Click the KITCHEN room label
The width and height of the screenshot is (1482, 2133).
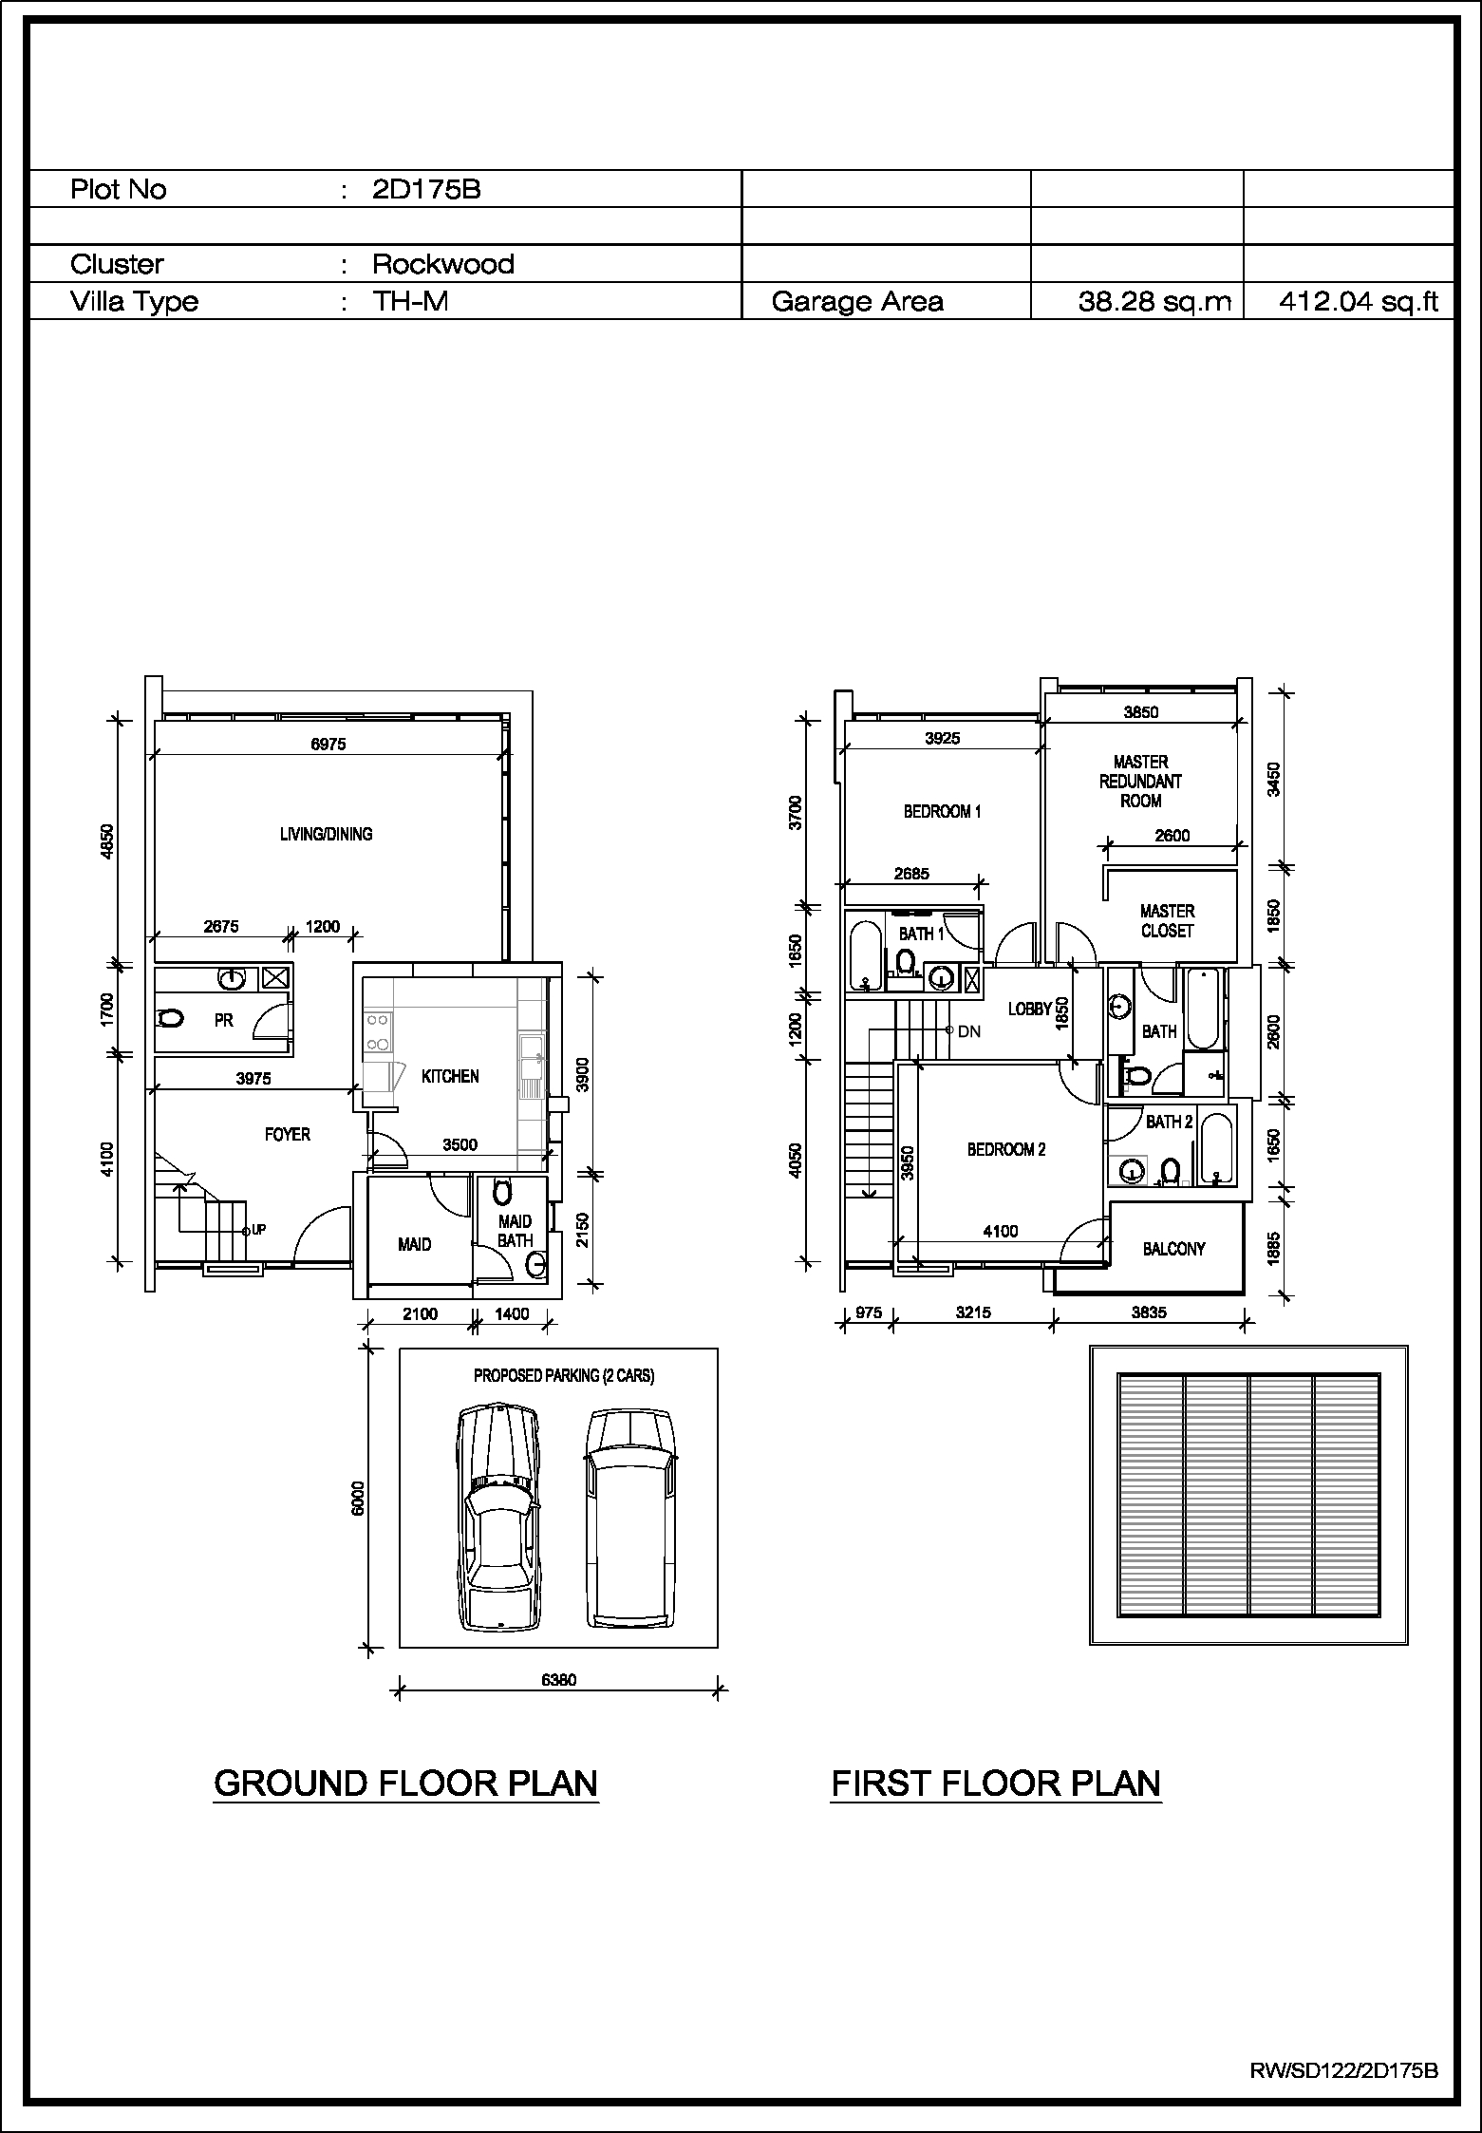450,1076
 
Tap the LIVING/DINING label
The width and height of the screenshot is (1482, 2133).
326,834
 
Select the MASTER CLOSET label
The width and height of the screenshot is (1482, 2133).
1167,920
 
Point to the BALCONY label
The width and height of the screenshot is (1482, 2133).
1173,1249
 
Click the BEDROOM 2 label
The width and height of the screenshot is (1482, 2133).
1006,1149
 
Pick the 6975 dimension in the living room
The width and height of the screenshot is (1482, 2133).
328,745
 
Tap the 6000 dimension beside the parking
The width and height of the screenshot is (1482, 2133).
358,1498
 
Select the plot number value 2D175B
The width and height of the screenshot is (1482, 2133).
426,189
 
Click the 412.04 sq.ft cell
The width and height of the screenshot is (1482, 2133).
1359,302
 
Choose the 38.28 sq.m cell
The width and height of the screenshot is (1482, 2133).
1154,302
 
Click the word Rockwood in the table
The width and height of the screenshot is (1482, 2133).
443,263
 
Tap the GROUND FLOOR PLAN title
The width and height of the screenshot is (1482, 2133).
406,1784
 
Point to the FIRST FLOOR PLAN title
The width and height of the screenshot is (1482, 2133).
996,1784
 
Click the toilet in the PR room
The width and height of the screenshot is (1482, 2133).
170,1019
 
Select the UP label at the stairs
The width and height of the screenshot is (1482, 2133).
259,1230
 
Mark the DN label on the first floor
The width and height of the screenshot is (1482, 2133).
969,1031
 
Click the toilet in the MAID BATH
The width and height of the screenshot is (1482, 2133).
503,1190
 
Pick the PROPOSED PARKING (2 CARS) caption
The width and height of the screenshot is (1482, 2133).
564,1375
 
